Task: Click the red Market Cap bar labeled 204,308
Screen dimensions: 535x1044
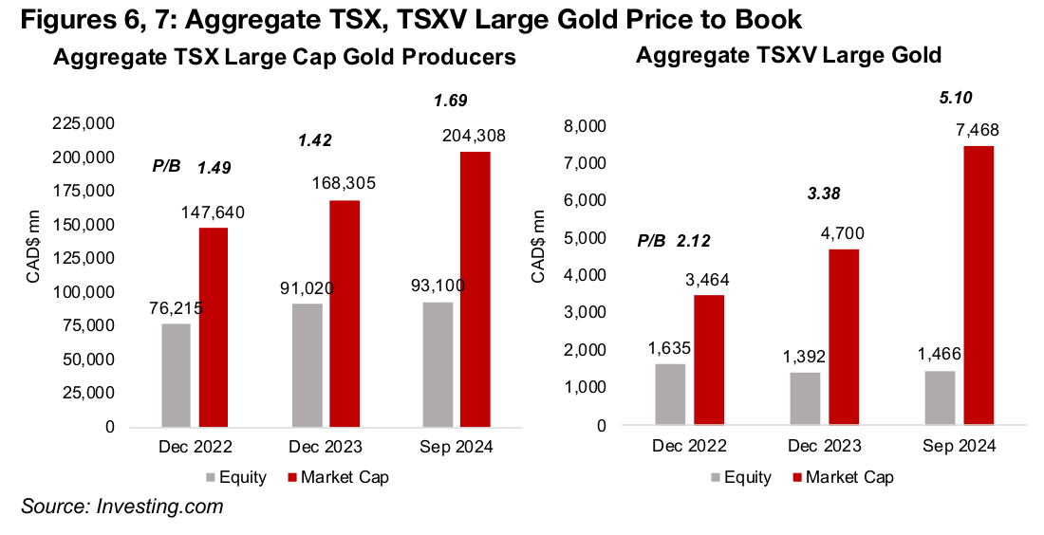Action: pos(475,289)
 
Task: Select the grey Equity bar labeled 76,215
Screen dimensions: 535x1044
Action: pos(177,376)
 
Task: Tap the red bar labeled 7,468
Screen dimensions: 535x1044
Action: pos(979,285)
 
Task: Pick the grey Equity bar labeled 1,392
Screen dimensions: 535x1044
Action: pos(806,398)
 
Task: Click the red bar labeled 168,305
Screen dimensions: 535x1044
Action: pos(344,313)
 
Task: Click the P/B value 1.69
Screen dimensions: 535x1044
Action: pos(451,100)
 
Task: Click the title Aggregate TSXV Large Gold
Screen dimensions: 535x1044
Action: pos(789,56)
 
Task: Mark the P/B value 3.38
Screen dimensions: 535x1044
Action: pos(823,194)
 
